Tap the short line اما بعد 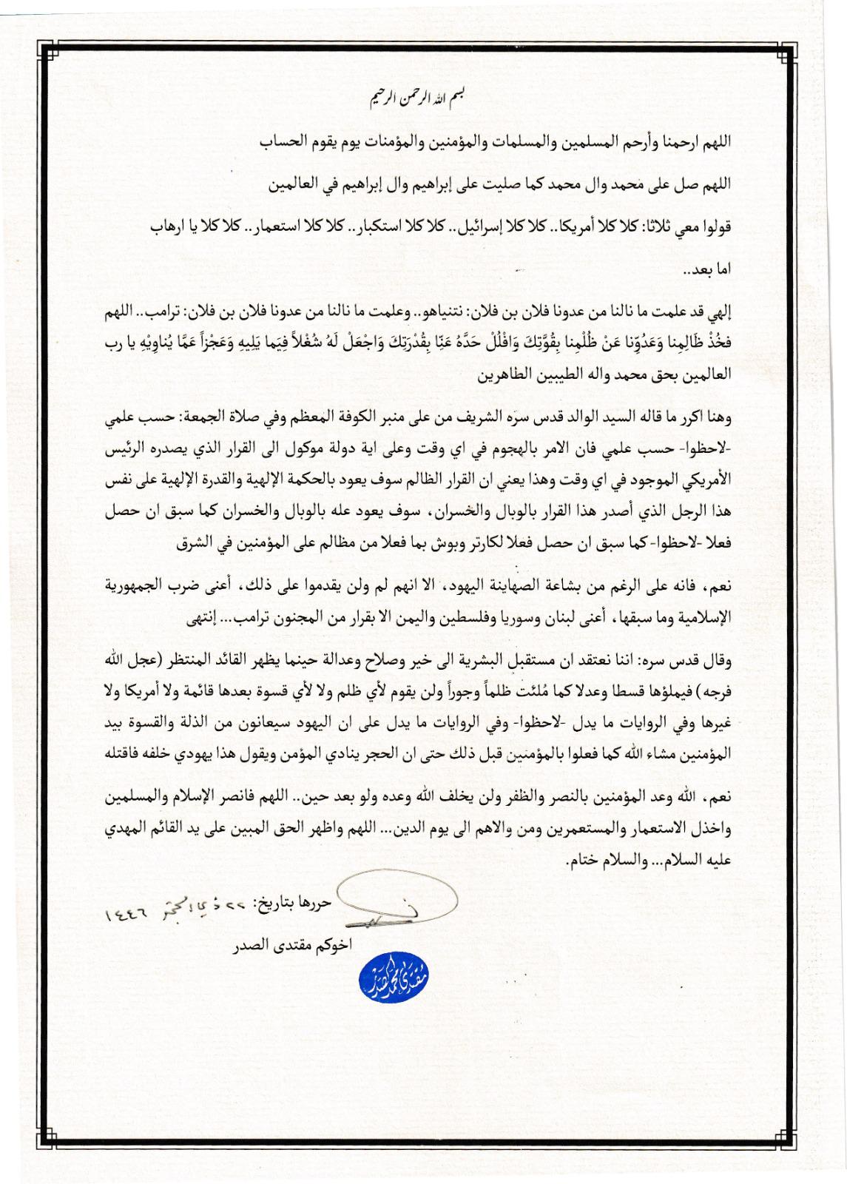711,270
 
